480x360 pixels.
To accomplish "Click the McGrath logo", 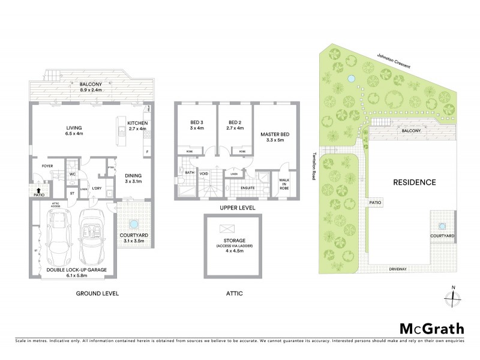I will pos(431,328).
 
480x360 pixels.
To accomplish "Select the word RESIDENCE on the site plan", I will pos(414,182).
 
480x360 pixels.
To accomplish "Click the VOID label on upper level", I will pos(203,174).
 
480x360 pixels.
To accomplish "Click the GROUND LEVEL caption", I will pos(97,294).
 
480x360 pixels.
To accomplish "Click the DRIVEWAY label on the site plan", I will pos(398,269).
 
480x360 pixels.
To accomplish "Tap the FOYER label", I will pos(48,166).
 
